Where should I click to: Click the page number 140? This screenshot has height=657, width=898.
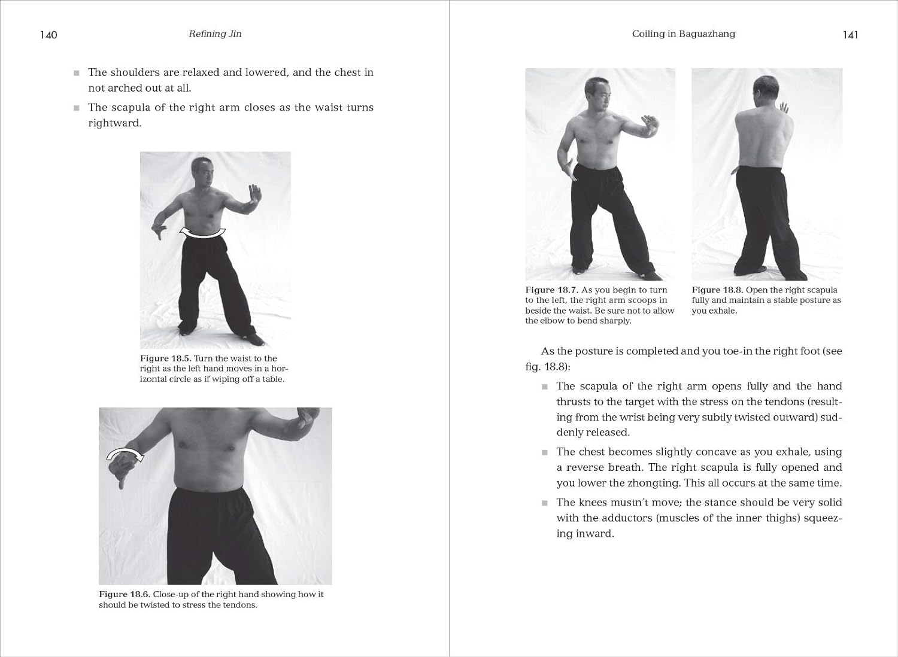pos(48,35)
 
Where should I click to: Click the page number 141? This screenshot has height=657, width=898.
pos(850,35)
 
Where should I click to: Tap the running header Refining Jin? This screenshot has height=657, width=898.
pos(215,34)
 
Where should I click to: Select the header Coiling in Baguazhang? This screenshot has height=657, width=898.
pos(683,34)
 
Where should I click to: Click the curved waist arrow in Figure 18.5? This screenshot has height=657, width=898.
pos(203,233)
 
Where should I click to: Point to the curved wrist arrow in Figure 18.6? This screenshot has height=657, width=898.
pos(125,454)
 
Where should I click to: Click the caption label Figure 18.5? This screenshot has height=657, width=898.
pos(166,358)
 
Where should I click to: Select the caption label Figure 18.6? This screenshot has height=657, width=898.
pos(124,594)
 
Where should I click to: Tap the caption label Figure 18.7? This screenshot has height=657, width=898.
pos(551,290)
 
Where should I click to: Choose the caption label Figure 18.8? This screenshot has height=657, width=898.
pos(717,290)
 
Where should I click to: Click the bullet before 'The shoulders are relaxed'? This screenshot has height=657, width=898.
pos(77,73)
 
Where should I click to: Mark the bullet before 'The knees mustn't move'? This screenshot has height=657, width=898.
pos(545,503)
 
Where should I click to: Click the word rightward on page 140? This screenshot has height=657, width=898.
pos(115,123)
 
